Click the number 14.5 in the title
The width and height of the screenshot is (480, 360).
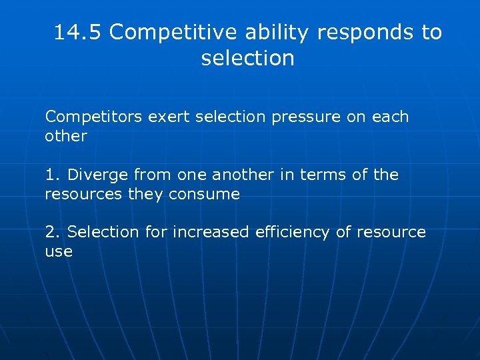tap(78, 32)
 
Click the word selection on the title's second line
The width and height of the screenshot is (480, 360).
tap(247, 58)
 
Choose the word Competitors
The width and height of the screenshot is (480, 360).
tap(93, 117)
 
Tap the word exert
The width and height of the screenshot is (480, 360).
tap(167, 117)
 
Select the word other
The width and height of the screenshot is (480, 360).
tap(66, 137)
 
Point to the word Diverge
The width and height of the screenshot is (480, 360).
tap(98, 175)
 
